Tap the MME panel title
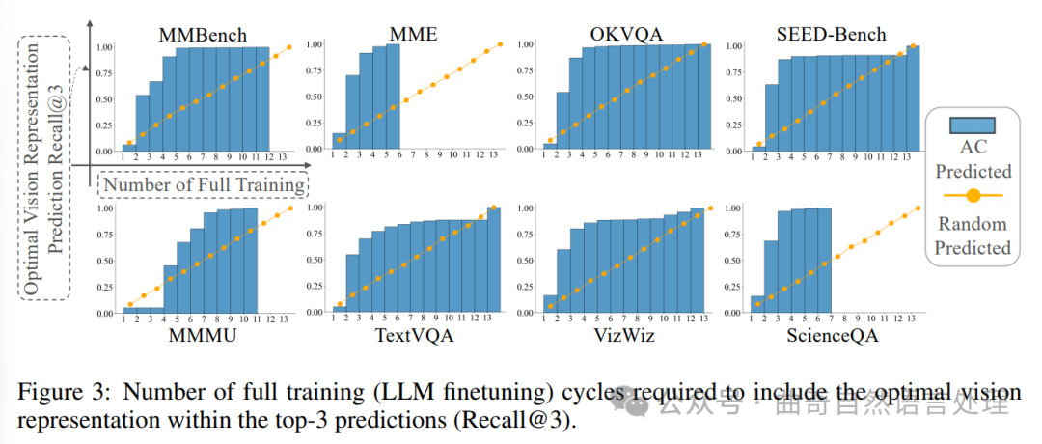[x=412, y=36]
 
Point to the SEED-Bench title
[x=831, y=36]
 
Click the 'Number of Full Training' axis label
[x=205, y=184]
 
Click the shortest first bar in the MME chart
[x=339, y=141]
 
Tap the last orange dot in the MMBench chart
[x=288, y=46]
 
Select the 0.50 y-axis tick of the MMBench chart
[x=102, y=98]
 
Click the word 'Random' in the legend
[x=973, y=224]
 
